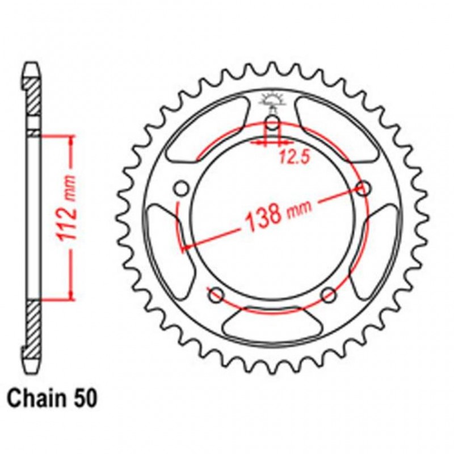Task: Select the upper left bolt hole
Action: [182, 188]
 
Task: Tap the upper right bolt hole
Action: [364, 188]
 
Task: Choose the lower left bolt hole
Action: [216, 294]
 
